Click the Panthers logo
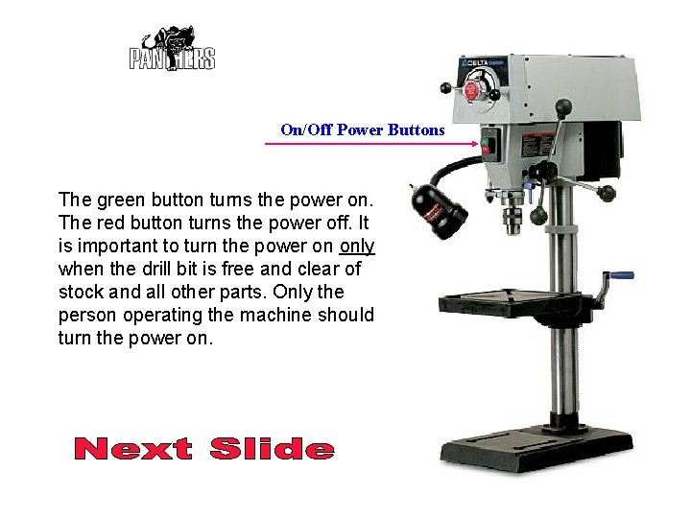point(173,50)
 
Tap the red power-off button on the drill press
point(486,152)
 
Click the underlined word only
point(357,246)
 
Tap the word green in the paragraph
point(114,200)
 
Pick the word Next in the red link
point(133,449)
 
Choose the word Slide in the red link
point(272,449)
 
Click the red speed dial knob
point(471,92)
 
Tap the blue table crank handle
point(623,275)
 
